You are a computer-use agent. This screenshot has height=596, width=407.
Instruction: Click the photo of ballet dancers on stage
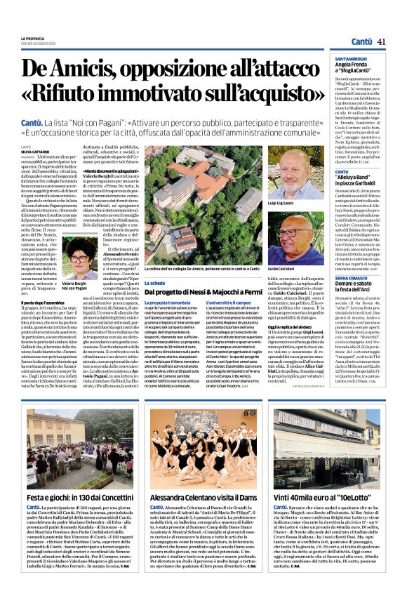[203, 449]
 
